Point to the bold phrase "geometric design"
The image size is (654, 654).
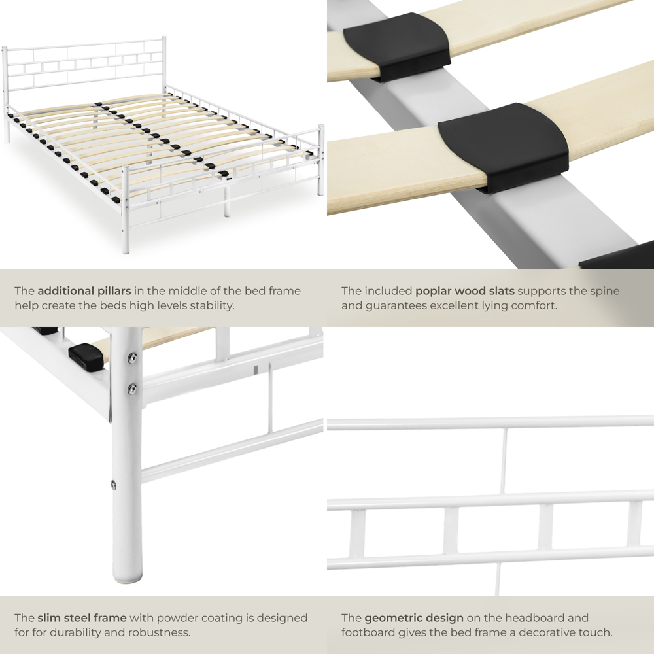point(414,618)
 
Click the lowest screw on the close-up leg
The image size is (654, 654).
point(114,485)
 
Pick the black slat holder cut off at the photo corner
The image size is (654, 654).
point(618,256)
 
